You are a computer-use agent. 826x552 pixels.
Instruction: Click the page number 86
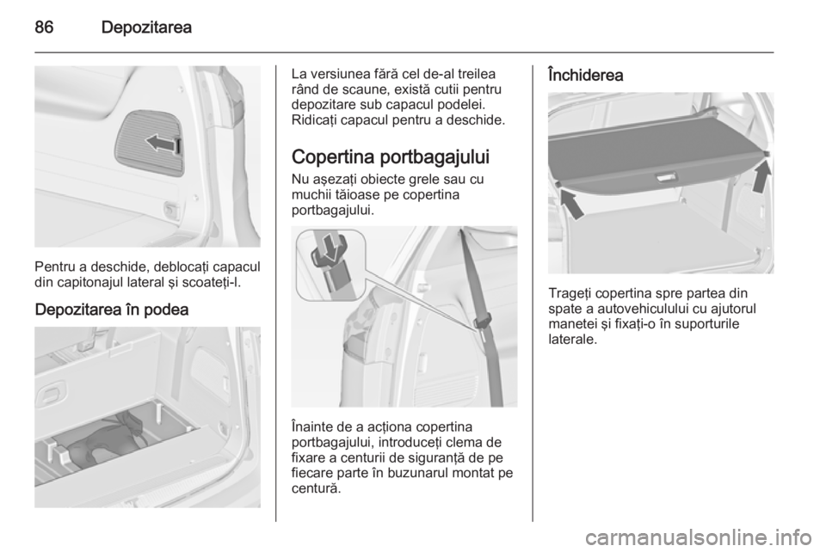pos(44,28)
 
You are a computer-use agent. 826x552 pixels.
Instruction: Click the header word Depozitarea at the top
pos(146,28)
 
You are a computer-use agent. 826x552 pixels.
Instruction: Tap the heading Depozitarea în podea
pos(112,310)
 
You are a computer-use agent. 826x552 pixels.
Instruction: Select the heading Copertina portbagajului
pos(391,156)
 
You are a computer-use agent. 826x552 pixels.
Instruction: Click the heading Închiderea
pos(585,75)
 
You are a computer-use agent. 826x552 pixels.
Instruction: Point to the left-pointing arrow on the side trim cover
pos(161,143)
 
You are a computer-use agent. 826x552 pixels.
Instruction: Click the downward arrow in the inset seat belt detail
pos(330,248)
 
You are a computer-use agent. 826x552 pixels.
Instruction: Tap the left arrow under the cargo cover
pos(571,204)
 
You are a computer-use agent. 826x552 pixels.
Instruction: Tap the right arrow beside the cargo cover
pos(761,176)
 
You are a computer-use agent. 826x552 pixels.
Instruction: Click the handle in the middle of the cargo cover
pos(666,178)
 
